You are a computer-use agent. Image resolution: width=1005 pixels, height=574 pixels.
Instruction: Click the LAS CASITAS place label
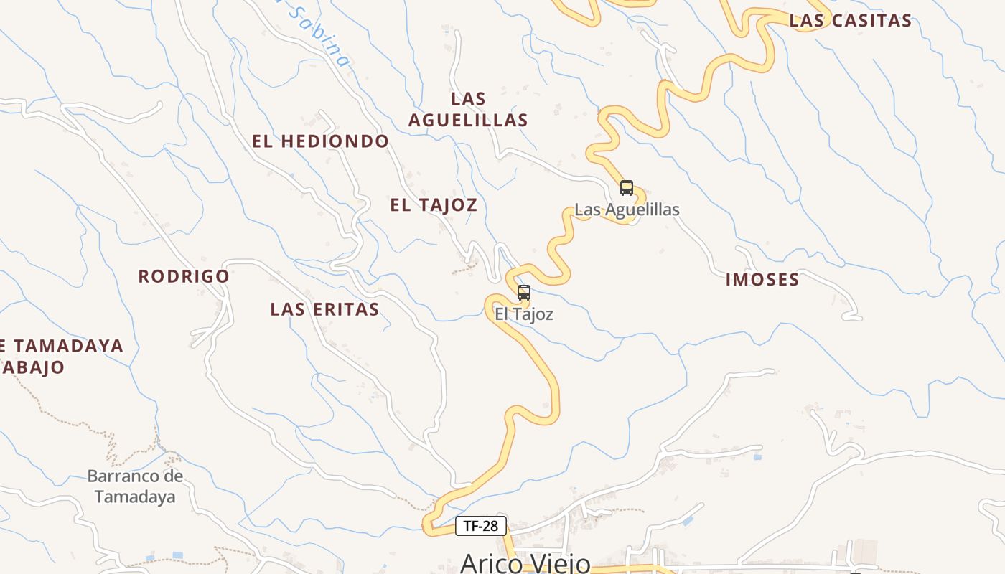tap(850, 21)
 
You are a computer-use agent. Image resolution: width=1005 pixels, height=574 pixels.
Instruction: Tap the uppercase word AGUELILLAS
tap(468, 121)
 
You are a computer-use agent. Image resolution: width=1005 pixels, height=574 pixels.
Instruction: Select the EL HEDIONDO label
tap(320, 141)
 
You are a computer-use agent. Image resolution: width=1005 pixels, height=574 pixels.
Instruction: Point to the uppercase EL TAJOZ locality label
tap(434, 205)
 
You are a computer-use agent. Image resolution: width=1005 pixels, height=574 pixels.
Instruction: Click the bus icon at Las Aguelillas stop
tap(627, 188)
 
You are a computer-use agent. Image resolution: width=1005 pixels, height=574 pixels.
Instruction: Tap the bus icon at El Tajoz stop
tap(524, 293)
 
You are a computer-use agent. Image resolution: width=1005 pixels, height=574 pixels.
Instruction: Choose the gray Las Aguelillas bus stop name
tap(627, 210)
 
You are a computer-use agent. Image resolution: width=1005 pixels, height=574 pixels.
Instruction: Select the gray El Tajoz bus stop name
tap(524, 314)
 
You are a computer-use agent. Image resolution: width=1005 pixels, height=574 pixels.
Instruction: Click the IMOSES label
tap(762, 280)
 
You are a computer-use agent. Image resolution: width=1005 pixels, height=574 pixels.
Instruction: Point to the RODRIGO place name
tap(184, 276)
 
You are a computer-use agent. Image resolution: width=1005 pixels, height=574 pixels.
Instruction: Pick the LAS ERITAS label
tap(324, 309)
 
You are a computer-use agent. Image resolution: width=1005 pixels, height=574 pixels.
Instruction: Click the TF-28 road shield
tap(481, 526)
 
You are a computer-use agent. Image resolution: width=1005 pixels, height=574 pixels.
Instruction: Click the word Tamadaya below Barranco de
tap(135, 497)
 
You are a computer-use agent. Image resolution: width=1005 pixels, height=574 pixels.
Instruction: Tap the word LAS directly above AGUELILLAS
tap(468, 99)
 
